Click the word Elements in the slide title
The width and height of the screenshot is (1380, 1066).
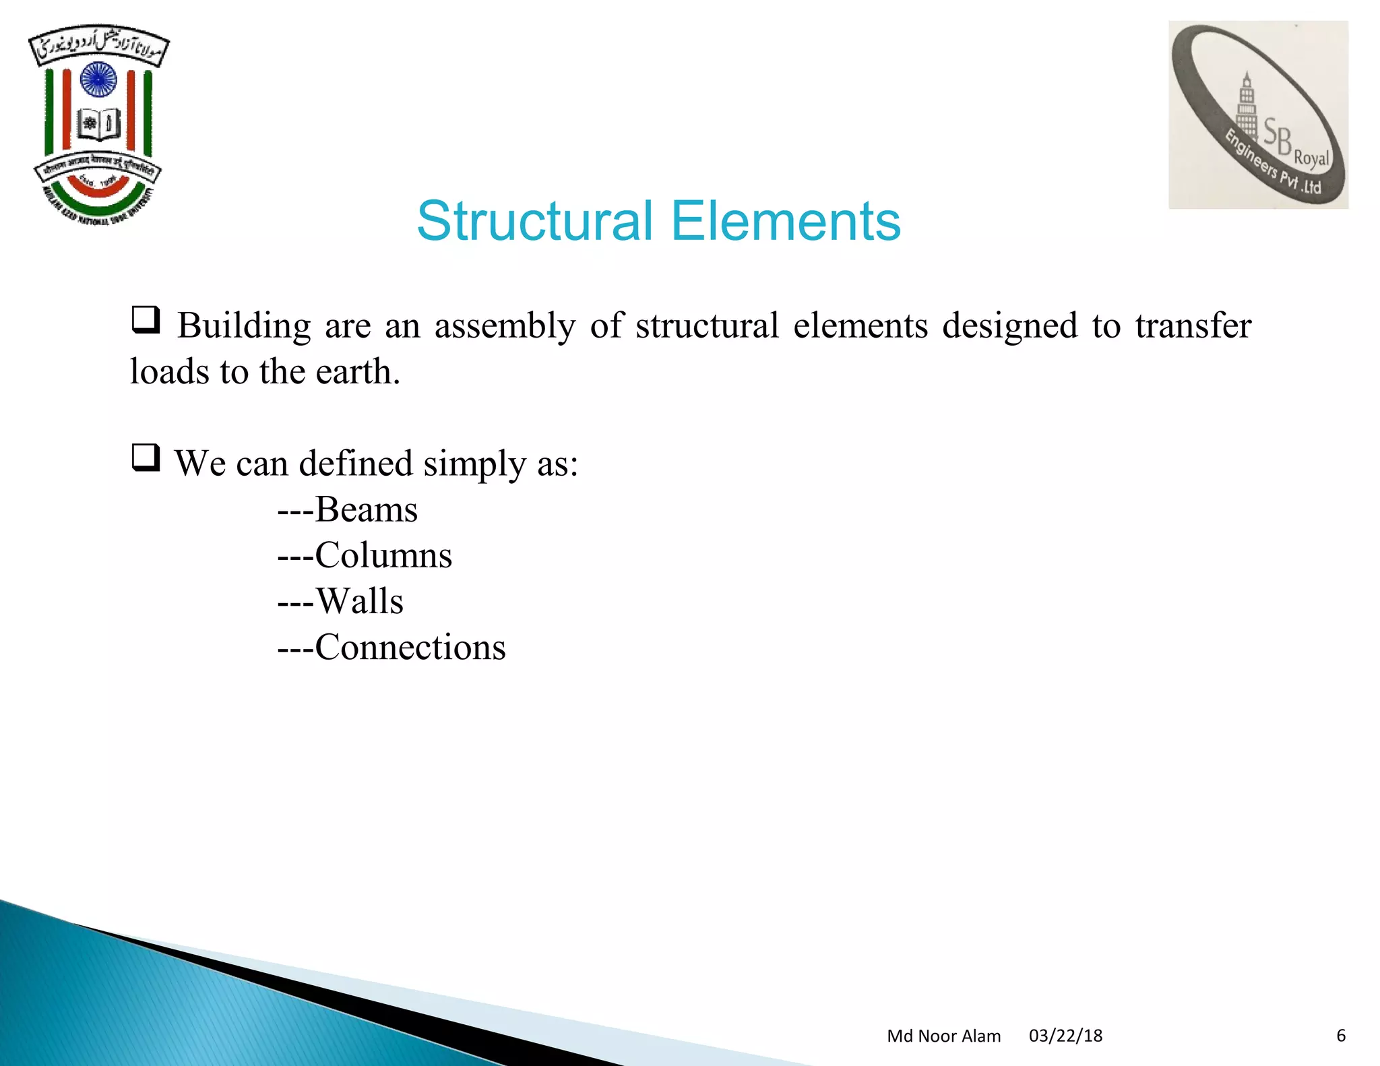coord(786,221)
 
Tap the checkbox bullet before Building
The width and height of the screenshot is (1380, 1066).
coord(146,320)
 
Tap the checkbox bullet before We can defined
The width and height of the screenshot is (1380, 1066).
coord(146,458)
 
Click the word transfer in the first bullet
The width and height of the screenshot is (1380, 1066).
coord(1193,325)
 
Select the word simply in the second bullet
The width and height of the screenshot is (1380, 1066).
coord(474,465)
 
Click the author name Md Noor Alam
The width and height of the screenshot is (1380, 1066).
coord(943,1036)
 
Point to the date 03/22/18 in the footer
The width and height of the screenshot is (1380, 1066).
coord(1065,1036)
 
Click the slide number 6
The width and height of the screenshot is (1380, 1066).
coord(1340,1036)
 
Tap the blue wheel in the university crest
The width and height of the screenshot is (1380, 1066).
coord(98,80)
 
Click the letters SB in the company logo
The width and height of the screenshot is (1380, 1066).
coord(1276,135)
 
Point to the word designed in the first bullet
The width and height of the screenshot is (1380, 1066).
coord(1009,327)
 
